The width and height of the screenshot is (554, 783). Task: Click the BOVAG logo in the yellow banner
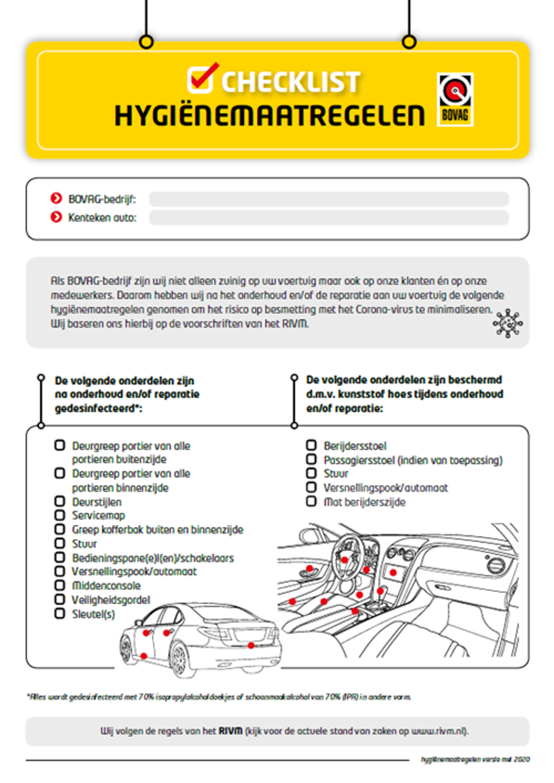pos(455,100)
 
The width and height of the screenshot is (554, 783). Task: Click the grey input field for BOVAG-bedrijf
pos(329,199)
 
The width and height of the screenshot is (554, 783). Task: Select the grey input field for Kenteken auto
pos(329,218)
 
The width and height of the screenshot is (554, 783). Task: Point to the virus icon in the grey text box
pos(508,323)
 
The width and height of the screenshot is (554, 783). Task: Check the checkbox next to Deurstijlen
pos(60,501)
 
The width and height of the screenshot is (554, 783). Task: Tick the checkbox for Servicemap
pos(60,515)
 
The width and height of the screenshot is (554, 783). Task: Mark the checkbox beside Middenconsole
pos(60,585)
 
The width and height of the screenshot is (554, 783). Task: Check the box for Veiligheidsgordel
pos(60,599)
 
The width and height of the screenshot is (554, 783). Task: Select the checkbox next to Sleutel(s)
pos(60,614)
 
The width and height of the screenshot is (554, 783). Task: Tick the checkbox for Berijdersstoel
pos(311,445)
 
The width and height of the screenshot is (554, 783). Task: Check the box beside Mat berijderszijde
pos(311,501)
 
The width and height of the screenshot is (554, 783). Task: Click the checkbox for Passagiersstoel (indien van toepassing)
pos(311,459)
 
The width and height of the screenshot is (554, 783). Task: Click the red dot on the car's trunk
pos(251,646)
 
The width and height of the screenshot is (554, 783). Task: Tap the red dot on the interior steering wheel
pos(344,560)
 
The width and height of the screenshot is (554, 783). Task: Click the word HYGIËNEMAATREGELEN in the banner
pos(270,115)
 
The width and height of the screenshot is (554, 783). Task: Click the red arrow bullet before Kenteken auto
pos(56,217)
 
